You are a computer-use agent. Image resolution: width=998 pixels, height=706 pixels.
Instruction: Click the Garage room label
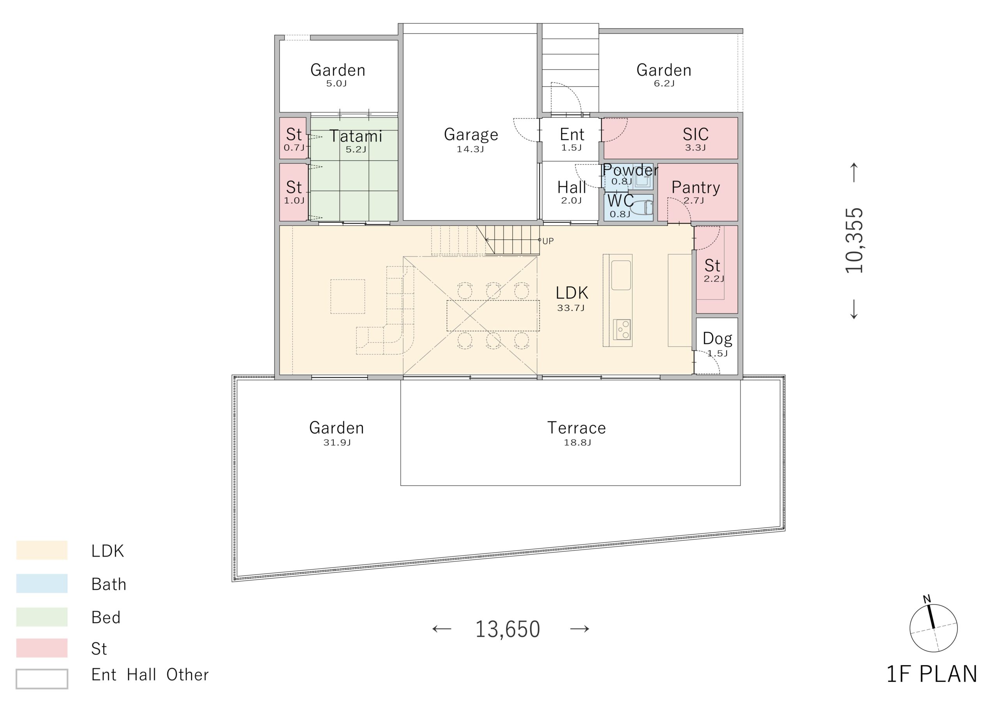[x=471, y=135]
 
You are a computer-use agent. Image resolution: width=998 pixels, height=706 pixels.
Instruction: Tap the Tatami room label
[x=356, y=136]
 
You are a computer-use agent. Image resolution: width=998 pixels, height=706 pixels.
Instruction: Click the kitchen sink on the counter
[x=621, y=275]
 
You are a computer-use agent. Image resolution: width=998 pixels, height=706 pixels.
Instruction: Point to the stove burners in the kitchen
[x=622, y=329]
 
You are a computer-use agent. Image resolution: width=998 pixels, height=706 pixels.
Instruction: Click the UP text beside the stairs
[x=548, y=241]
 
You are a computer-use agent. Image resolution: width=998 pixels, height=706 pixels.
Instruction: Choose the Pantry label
[x=695, y=188]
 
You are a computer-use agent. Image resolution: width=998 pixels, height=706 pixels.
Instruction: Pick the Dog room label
[x=717, y=338]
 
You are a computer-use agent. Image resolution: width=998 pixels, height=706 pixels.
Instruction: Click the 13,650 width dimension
[x=507, y=629]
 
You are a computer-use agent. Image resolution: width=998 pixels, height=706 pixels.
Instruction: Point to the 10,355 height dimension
[x=854, y=241]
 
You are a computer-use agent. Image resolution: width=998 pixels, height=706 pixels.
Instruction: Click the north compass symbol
[x=933, y=627]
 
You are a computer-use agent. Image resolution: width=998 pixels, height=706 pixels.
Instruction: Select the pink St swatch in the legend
[x=42, y=648]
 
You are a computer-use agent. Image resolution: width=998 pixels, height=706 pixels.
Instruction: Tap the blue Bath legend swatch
[x=42, y=584]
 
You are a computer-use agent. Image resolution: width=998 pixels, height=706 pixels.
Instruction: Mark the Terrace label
[x=576, y=428]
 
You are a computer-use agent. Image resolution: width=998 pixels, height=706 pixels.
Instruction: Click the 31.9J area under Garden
[x=337, y=442]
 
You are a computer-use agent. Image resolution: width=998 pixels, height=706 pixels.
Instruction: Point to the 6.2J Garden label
[x=664, y=83]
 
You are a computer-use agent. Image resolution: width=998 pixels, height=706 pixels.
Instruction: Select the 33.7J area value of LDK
[x=571, y=308]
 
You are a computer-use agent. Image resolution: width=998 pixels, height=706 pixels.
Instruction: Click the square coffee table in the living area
[x=347, y=297]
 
